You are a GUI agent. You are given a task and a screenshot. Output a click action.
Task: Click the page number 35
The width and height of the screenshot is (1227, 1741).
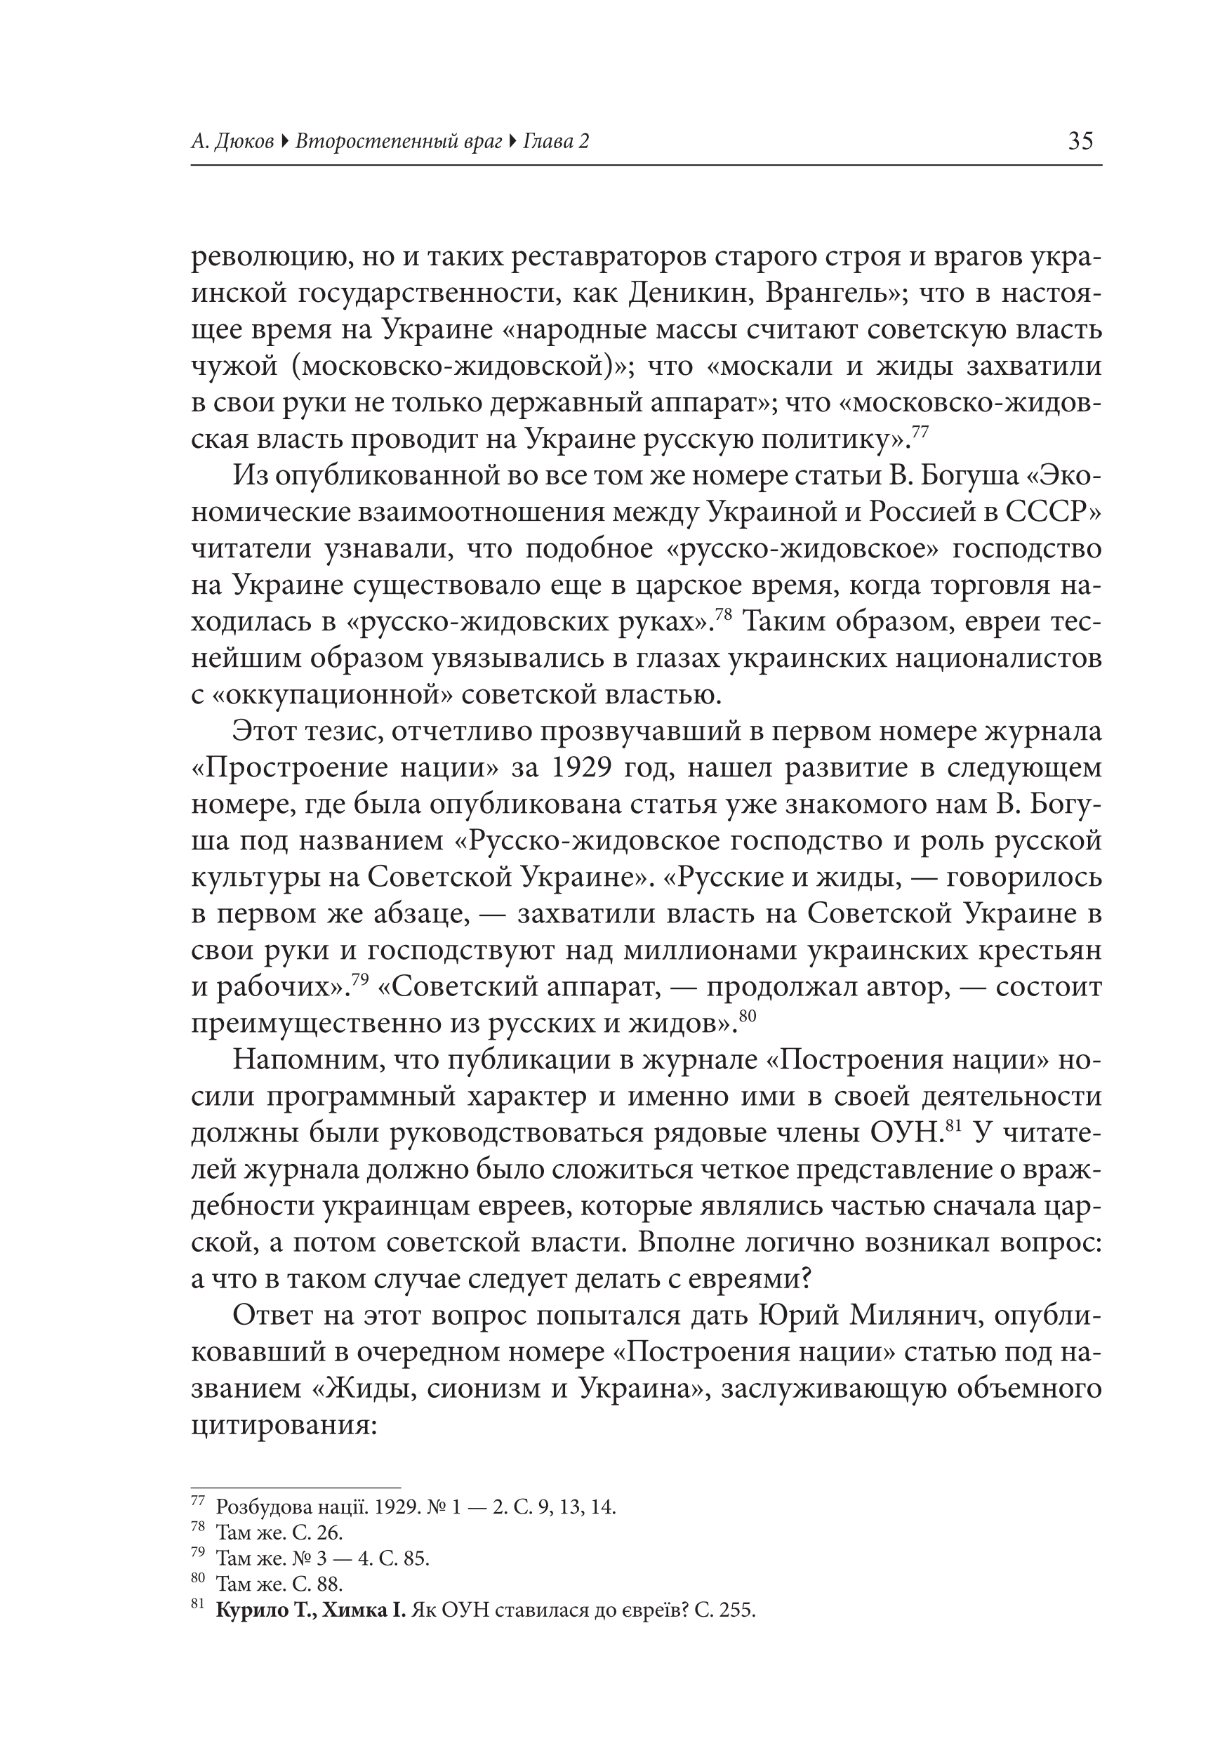1080,141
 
